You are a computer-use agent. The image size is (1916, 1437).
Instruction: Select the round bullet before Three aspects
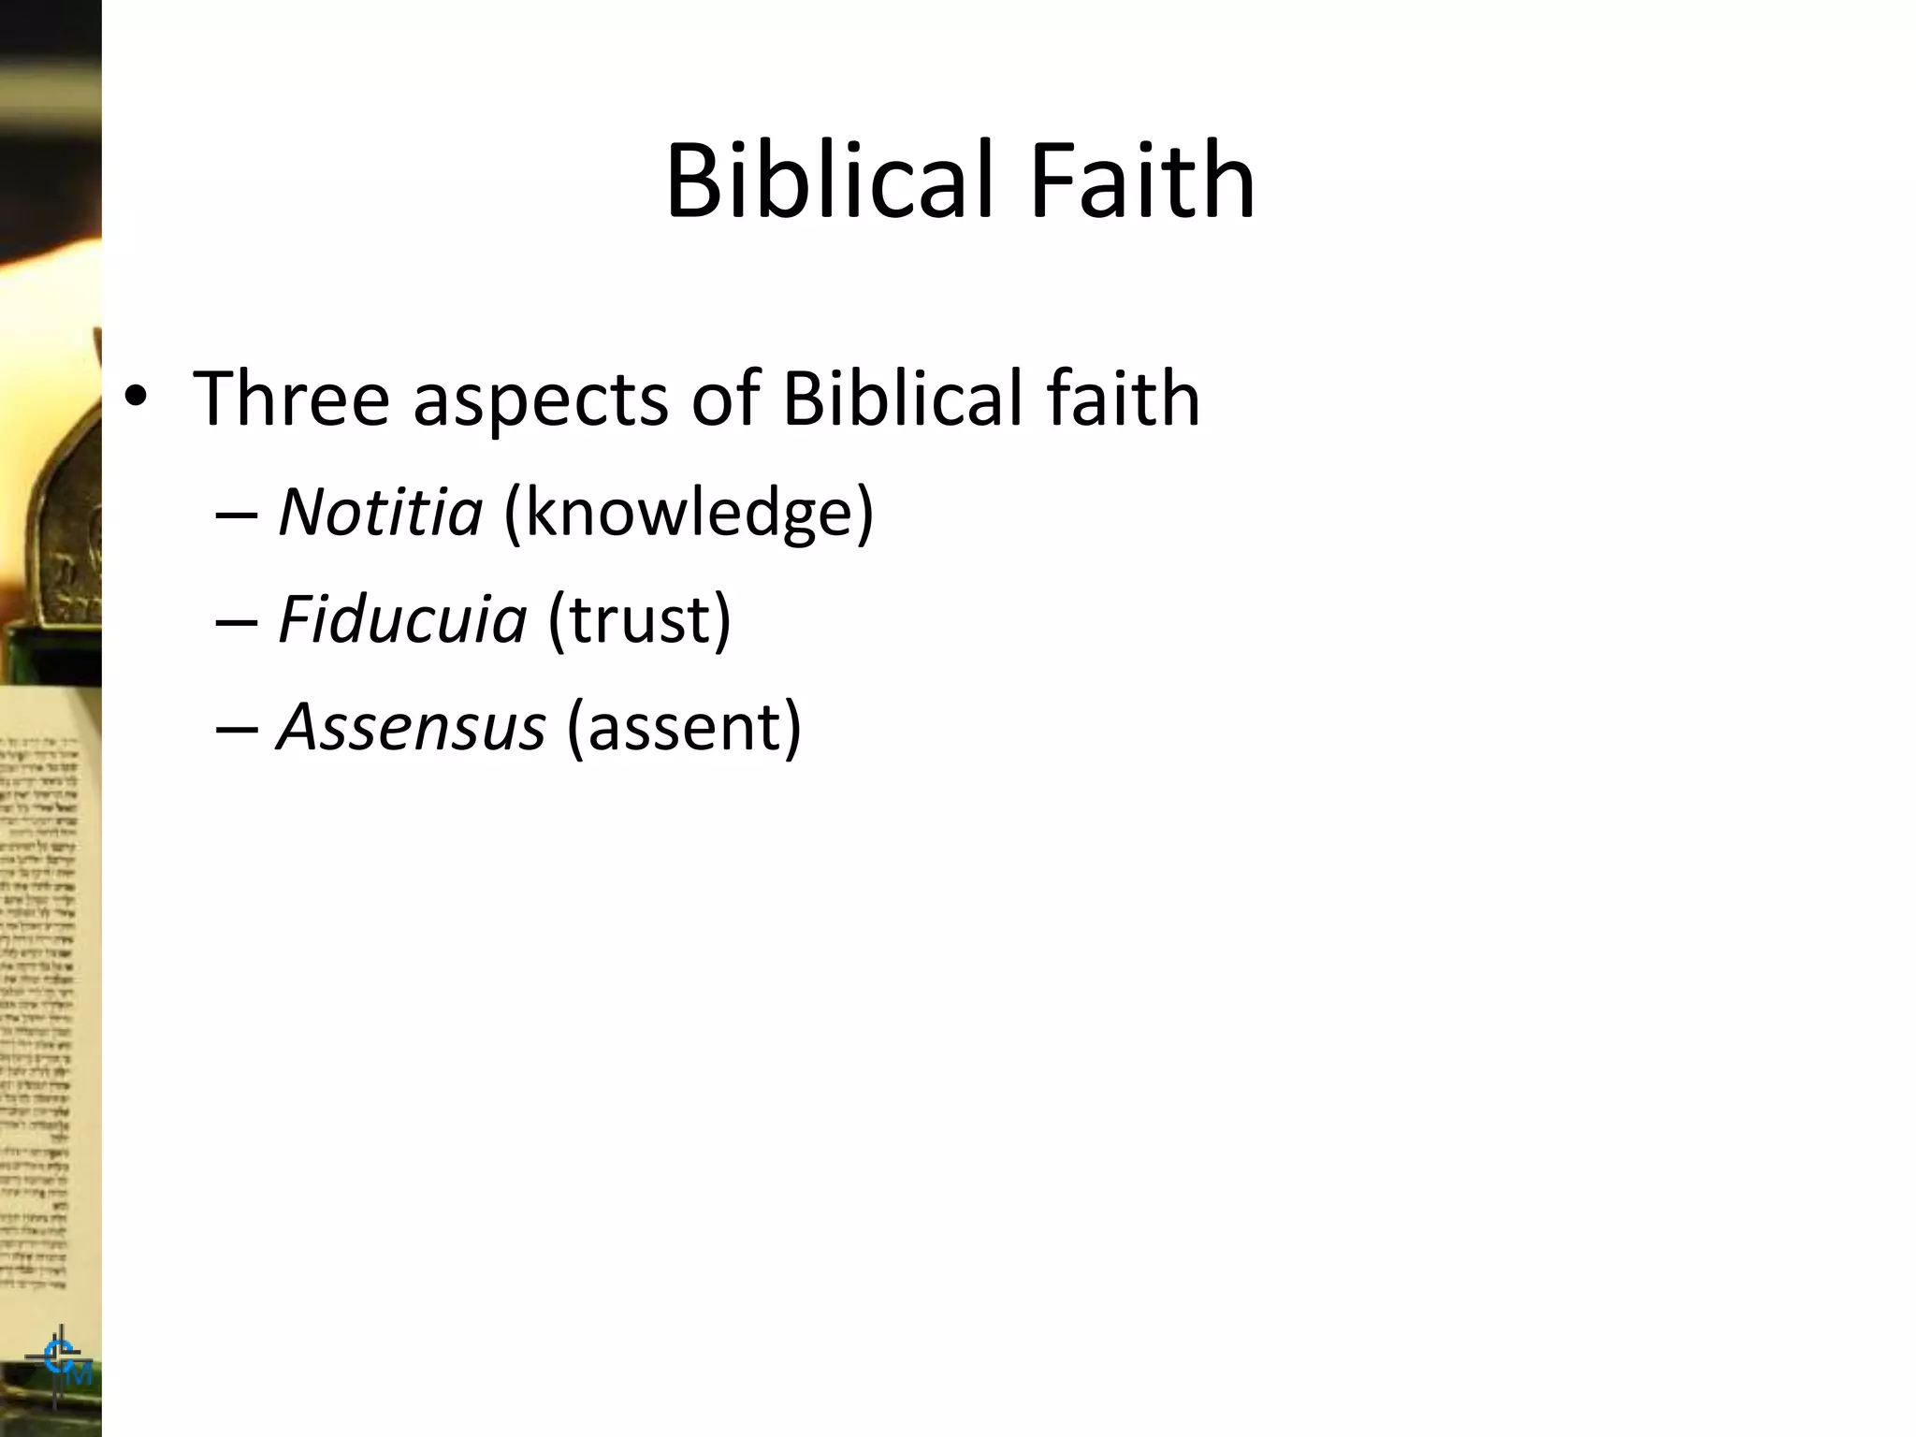136,398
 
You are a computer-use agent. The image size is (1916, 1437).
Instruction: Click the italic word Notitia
380,512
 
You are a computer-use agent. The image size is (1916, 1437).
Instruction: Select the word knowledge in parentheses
689,514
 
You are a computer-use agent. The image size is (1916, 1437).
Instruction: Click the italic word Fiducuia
402,619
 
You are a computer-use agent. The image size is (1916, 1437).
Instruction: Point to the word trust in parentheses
639,619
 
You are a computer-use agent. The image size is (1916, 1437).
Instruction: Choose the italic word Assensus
412,727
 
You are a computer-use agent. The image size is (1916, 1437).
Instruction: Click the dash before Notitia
236,515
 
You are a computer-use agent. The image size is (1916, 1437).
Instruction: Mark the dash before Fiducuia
236,621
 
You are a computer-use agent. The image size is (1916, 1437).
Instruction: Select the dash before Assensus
236,729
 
